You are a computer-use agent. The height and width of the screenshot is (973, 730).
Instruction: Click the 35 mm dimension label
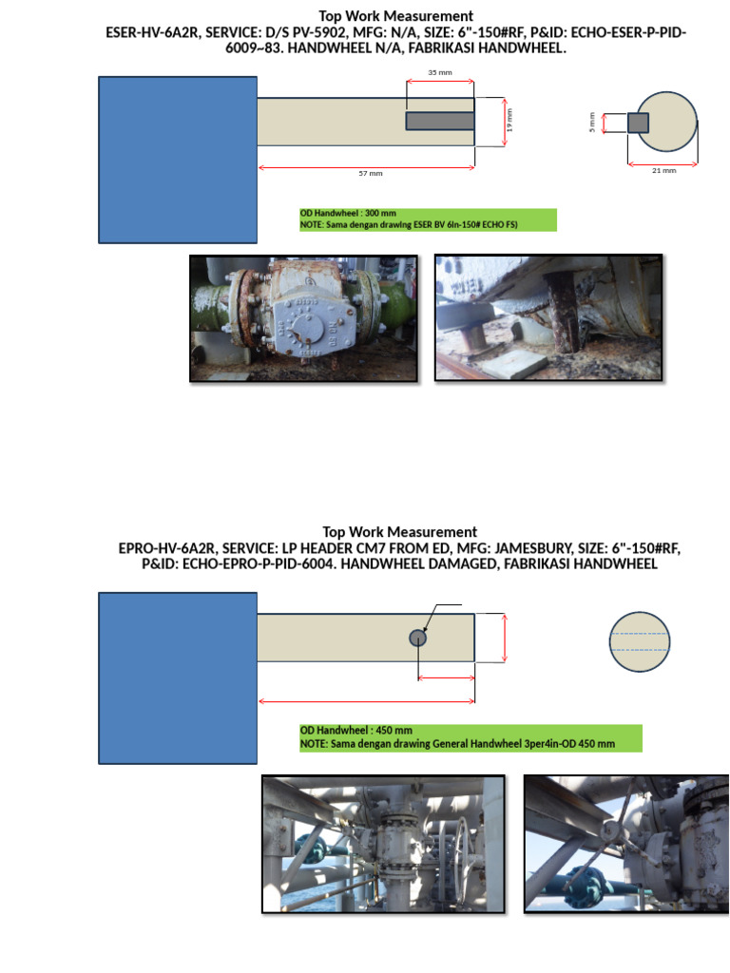439,72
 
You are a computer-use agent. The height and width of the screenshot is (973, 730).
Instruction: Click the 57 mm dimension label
370,174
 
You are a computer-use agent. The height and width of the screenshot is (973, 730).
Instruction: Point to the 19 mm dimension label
509,121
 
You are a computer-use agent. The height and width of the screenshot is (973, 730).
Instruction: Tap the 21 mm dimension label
663,170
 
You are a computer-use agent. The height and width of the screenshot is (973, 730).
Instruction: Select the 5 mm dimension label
591,122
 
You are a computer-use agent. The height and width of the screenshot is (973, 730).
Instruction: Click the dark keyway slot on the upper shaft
440,121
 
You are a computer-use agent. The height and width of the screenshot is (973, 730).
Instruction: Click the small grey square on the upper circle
638,123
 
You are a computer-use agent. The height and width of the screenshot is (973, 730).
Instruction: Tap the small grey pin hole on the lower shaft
417,638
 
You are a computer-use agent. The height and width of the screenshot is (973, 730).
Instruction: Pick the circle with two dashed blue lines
640,641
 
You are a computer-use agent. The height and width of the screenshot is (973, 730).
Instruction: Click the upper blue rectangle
178,159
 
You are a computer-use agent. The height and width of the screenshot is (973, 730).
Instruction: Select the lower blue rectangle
178,677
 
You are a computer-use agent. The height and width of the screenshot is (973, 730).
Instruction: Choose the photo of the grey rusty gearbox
303,318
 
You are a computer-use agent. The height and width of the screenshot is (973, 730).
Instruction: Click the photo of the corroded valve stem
547,318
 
